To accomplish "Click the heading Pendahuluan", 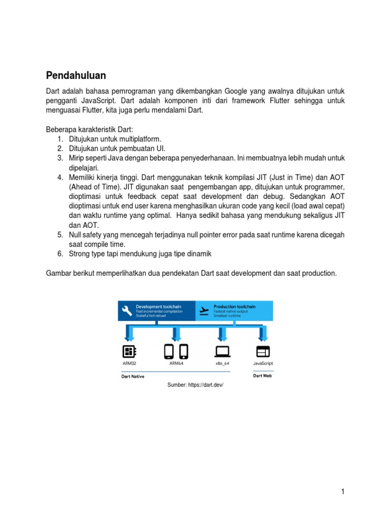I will pyautogui.click(x=76, y=76).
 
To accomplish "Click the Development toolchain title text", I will pyautogui.click(x=157, y=307).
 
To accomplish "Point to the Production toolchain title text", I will pyautogui.click(x=234, y=307).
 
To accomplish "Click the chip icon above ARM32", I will pyautogui.click(x=129, y=351).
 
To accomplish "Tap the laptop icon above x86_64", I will pyautogui.click(x=222, y=351).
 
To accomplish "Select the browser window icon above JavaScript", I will pyautogui.click(x=263, y=351).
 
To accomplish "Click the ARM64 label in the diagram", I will pyautogui.click(x=176, y=364).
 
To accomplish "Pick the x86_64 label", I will pyautogui.click(x=222, y=364).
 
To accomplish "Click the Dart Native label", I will pyautogui.click(x=133, y=377).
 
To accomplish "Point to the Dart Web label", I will pyautogui.click(x=263, y=376).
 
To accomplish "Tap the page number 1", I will pyautogui.click(x=343, y=491).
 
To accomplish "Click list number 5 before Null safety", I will pyautogui.click(x=60, y=235).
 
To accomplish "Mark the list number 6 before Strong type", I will pyautogui.click(x=60, y=253).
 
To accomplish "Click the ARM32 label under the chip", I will pyautogui.click(x=129, y=364).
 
